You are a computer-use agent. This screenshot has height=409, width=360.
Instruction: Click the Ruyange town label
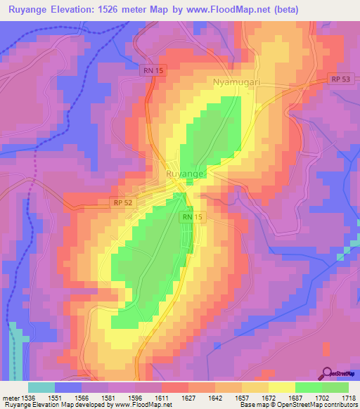coord(186,173)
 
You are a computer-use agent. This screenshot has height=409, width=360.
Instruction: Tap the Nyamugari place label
coord(238,83)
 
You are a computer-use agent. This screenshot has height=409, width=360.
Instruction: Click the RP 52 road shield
coord(122,203)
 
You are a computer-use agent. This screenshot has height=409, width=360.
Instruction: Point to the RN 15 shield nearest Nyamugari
coord(147,70)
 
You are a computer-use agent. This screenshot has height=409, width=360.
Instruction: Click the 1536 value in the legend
coord(28,398)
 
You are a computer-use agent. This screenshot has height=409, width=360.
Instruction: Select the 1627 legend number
coord(188,398)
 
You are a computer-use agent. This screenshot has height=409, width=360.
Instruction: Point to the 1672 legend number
coord(268,398)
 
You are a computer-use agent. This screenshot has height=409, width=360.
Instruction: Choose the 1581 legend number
coord(108,398)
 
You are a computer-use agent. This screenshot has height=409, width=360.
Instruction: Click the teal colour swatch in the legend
coord(41,387)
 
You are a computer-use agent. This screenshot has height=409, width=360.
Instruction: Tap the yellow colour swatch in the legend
coord(281,387)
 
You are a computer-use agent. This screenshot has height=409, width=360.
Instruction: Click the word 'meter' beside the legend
coord(10,398)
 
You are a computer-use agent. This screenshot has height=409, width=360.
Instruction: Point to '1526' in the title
coord(121,10)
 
